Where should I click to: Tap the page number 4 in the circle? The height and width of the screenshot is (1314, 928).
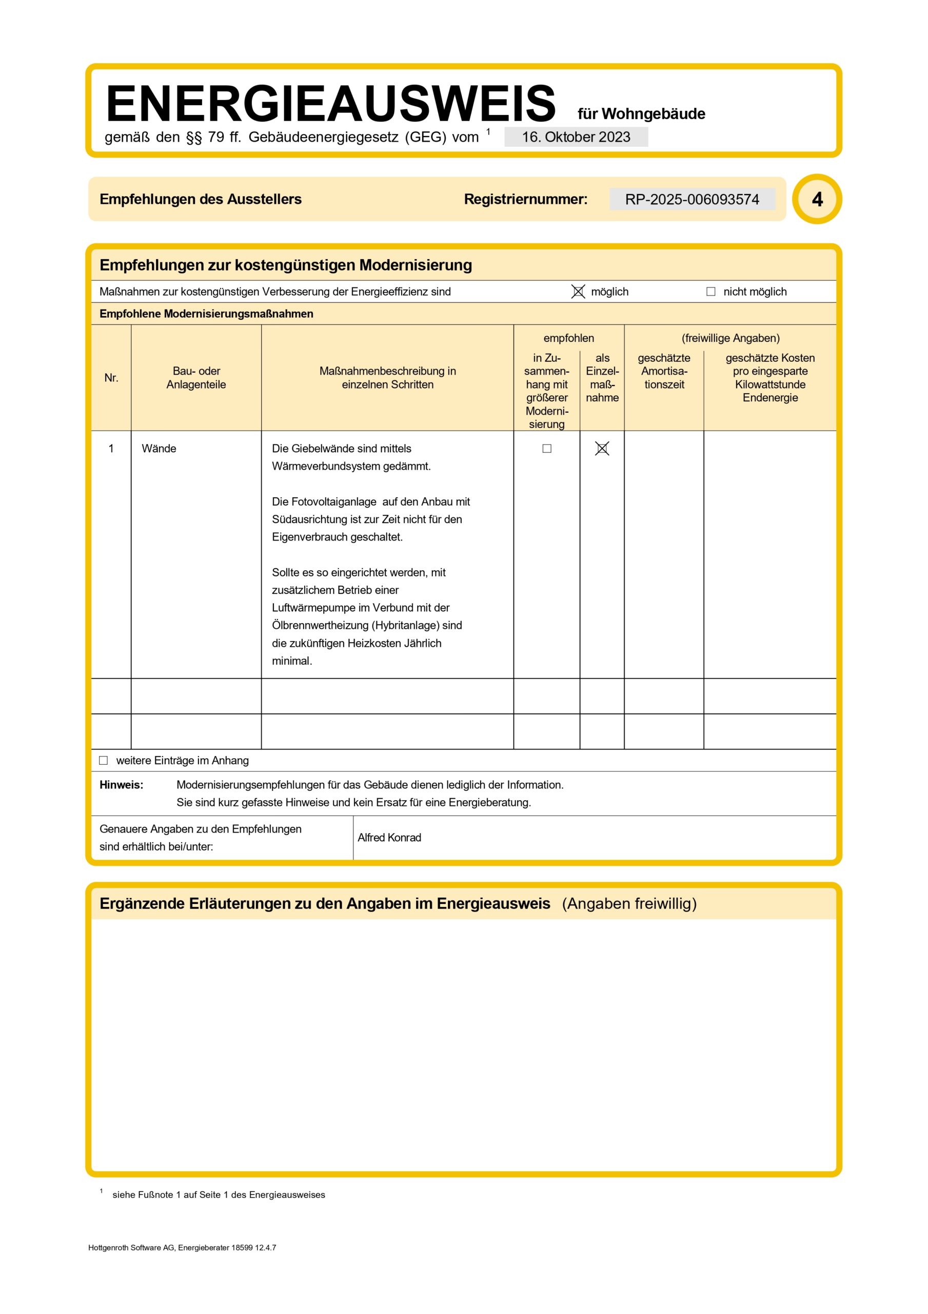817,199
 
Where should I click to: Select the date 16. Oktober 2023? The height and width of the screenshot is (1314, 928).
576,138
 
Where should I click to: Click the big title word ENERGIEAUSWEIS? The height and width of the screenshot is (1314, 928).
331,104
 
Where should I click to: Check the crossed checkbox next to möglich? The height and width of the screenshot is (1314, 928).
578,292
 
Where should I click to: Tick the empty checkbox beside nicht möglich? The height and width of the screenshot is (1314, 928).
710,292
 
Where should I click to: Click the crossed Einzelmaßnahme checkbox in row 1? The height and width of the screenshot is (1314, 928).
602,449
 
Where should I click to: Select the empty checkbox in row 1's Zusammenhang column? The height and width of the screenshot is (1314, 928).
547,449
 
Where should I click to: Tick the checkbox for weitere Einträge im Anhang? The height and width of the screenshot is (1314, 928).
104,761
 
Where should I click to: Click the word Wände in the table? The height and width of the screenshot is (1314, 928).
159,449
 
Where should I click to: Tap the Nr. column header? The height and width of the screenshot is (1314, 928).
111,378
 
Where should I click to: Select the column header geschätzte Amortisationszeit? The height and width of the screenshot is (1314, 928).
664,371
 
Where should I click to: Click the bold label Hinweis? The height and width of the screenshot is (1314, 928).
121,785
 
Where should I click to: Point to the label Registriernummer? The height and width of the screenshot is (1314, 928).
525,199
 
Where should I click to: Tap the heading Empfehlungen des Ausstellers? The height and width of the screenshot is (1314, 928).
200,199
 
